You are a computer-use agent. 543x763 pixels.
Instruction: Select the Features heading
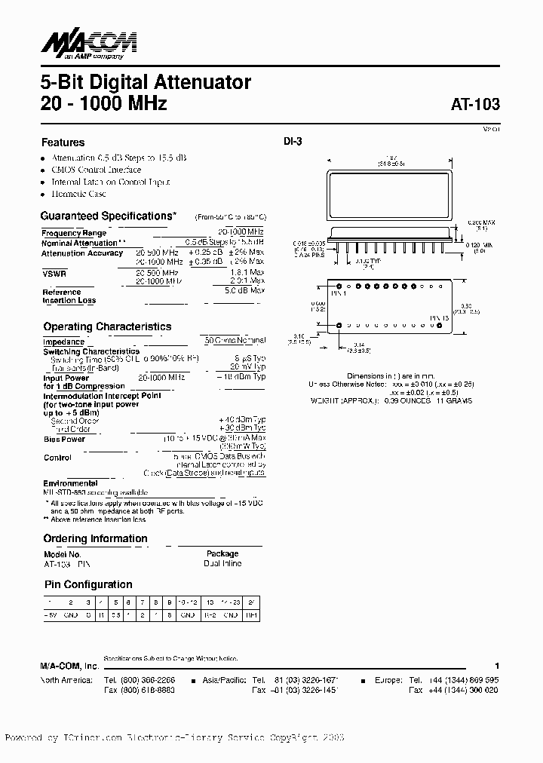pos(63,142)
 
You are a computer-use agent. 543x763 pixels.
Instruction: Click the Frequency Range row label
pos(73,233)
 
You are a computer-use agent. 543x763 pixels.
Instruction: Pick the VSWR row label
pos(54,274)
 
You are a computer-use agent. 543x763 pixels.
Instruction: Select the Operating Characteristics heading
pos(106,326)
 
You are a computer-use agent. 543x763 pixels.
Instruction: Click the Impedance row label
pos(63,342)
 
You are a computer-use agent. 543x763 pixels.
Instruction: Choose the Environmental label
pos(69,483)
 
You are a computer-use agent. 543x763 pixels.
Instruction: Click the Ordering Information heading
pos(95,538)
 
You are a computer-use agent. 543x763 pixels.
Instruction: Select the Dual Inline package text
pos(222,563)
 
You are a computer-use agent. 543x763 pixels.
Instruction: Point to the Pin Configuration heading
pos(87,584)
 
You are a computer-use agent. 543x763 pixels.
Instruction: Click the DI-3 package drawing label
pos(293,141)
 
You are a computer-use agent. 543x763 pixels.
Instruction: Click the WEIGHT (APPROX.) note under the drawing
pos(344,400)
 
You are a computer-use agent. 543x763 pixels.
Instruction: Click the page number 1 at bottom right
pos(497,666)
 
